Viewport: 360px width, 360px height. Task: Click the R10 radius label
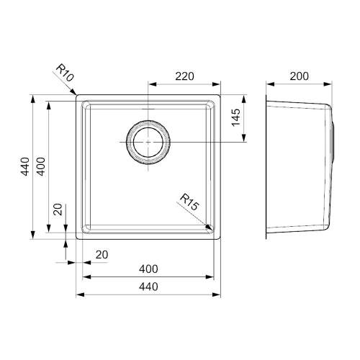pos(65,73)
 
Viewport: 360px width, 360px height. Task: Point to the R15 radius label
pos(189,202)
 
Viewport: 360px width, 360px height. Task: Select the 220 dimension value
pos(184,76)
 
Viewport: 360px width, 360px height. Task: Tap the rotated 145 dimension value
pos(236,117)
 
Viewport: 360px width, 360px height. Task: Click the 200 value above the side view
pos(299,76)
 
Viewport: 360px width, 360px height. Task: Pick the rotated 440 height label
pos(25,166)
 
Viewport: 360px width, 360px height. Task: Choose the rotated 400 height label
pos(41,166)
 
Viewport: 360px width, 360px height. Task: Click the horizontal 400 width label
pos(148,269)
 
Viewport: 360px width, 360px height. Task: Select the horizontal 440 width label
pos(148,287)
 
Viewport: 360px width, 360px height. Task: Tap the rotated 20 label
pos(58,210)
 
